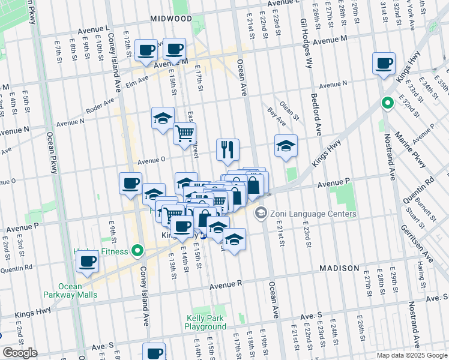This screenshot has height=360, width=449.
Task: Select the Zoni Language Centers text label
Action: (313, 214)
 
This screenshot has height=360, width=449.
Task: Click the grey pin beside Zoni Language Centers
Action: (261, 213)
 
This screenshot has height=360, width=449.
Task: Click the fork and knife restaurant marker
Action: (228, 150)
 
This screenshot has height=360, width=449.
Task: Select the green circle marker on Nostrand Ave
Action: (388, 103)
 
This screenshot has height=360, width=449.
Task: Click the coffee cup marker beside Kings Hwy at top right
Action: (384, 64)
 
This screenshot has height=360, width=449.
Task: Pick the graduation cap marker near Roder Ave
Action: (163, 118)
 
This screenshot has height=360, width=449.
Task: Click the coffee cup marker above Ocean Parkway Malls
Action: (88, 262)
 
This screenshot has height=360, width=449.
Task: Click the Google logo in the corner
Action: (20, 353)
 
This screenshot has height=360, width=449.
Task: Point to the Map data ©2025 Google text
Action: (411, 355)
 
